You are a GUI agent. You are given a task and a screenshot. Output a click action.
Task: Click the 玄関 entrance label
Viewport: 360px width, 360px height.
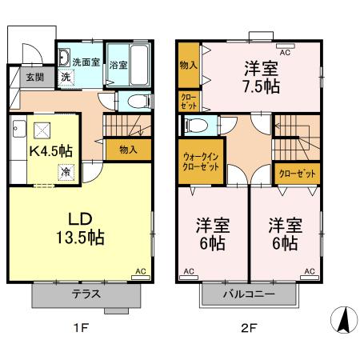point(34,78)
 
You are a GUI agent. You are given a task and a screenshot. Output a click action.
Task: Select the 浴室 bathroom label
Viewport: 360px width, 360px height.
point(120,64)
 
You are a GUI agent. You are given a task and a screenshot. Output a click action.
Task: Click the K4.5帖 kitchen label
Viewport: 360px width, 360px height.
point(52,150)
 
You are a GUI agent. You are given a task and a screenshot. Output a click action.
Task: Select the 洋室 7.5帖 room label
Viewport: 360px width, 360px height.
point(262,76)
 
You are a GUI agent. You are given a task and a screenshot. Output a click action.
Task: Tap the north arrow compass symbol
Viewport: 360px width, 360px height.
point(342,320)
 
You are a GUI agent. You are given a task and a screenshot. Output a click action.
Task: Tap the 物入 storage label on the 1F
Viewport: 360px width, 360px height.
point(128,150)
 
